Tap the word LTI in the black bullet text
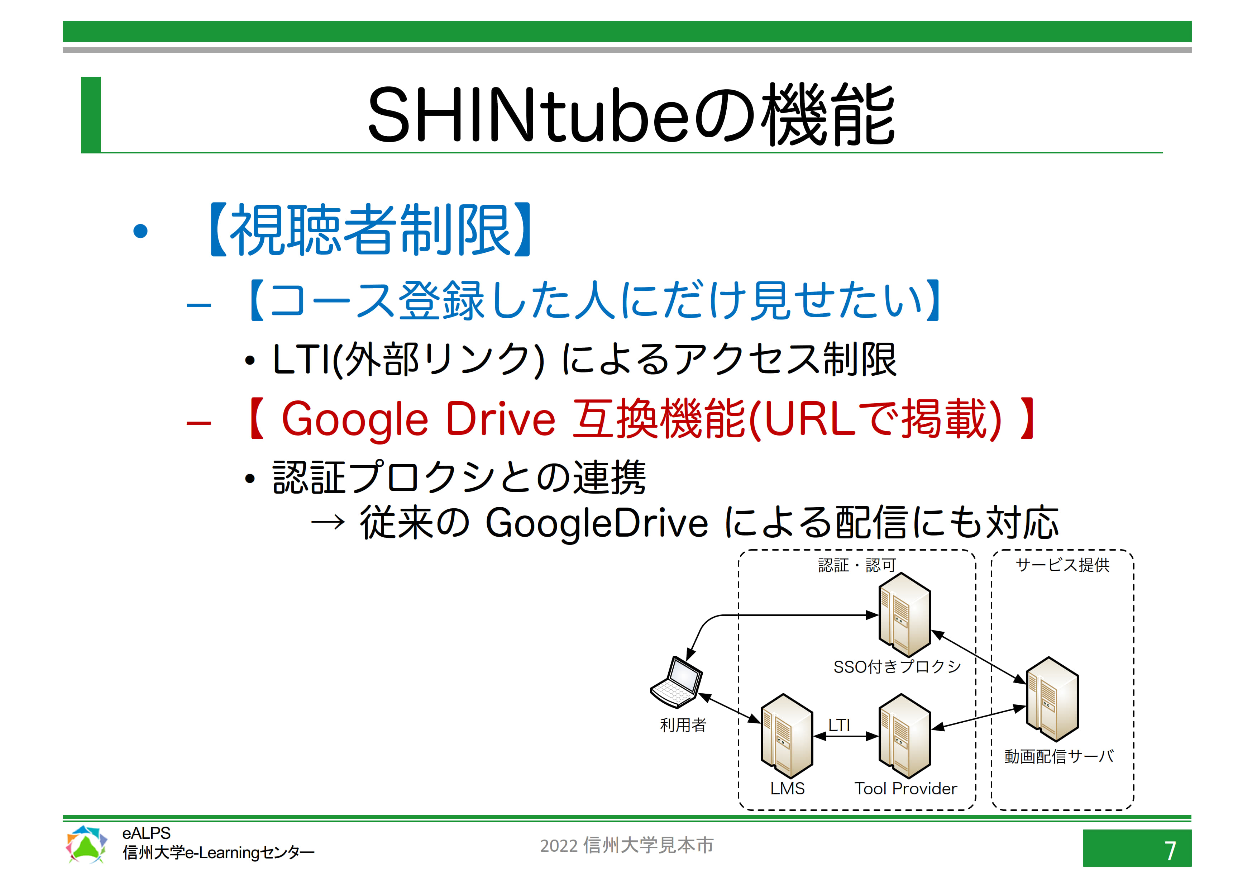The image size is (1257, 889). pyautogui.click(x=302, y=360)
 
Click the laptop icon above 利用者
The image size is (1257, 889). pyautogui.click(x=676, y=683)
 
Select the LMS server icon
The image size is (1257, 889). pyautogui.click(x=787, y=736)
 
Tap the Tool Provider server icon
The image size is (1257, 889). pyautogui.click(x=904, y=736)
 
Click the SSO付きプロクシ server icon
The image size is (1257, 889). pyautogui.click(x=904, y=614)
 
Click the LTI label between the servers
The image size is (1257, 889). pyautogui.click(x=839, y=725)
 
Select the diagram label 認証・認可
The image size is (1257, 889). pyautogui.click(x=857, y=565)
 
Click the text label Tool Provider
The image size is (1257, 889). pyautogui.click(x=906, y=788)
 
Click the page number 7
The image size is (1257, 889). pyautogui.click(x=1170, y=851)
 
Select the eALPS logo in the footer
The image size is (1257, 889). pyautogui.click(x=86, y=844)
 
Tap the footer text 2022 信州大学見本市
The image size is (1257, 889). pyautogui.click(x=627, y=845)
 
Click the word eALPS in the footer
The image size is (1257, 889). pyautogui.click(x=146, y=833)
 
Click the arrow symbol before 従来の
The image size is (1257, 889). pyautogui.click(x=328, y=523)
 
